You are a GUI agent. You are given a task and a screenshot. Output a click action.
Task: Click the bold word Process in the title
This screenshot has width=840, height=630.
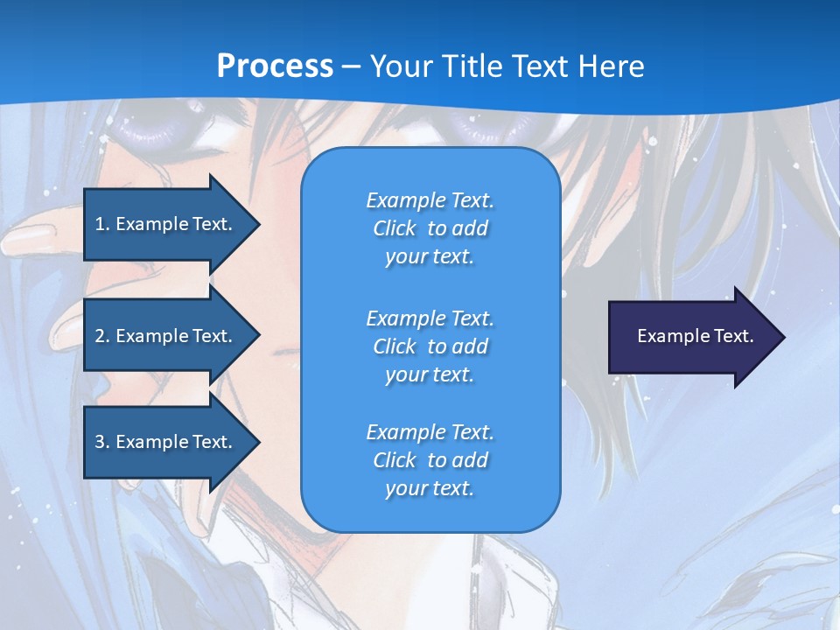click(275, 66)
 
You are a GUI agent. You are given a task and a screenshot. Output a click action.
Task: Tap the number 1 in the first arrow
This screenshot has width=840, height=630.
click(100, 224)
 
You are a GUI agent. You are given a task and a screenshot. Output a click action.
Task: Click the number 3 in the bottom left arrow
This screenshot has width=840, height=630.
click(100, 442)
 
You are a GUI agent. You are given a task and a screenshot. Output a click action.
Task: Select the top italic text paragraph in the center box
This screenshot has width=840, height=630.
click(430, 228)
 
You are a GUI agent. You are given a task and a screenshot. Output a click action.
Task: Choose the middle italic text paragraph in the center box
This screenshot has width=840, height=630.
click(430, 346)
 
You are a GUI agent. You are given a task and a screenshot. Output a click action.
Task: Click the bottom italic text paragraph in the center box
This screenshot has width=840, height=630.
click(430, 460)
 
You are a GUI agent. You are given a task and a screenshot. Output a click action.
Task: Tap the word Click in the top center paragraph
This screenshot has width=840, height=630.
click(395, 228)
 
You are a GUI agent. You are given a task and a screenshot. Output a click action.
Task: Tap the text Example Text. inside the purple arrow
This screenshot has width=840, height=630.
click(696, 336)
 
